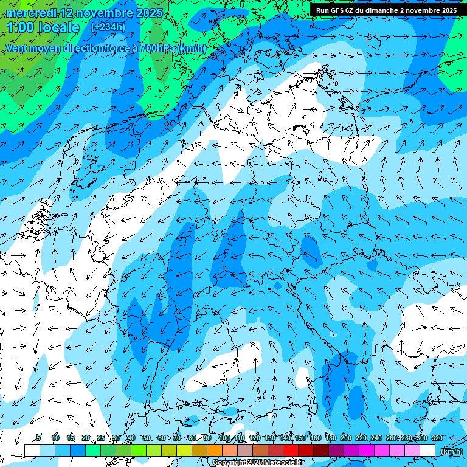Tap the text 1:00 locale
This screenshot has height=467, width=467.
click(43, 27)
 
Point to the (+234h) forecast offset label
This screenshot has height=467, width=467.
click(108, 27)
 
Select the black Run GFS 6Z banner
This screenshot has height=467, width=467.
click(387, 10)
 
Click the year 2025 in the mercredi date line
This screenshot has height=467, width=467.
click(150, 12)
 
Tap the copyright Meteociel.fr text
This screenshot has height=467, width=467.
click(258, 463)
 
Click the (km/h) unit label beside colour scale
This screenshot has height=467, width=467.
click(451, 451)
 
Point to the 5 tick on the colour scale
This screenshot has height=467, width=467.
click(39, 438)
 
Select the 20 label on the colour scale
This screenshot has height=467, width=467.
click(85, 438)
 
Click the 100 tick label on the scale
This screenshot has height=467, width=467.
click(224, 438)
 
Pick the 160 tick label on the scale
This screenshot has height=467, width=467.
click(315, 438)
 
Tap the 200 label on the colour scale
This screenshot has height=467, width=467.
click(345, 438)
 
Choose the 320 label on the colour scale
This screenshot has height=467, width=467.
click(437, 438)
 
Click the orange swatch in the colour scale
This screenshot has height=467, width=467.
click(215, 450)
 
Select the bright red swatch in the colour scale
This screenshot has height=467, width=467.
click(291, 450)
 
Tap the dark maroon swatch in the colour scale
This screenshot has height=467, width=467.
click(321, 450)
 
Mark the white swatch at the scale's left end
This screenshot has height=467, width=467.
click(32, 450)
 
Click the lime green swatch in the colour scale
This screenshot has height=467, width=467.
click(139, 450)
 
